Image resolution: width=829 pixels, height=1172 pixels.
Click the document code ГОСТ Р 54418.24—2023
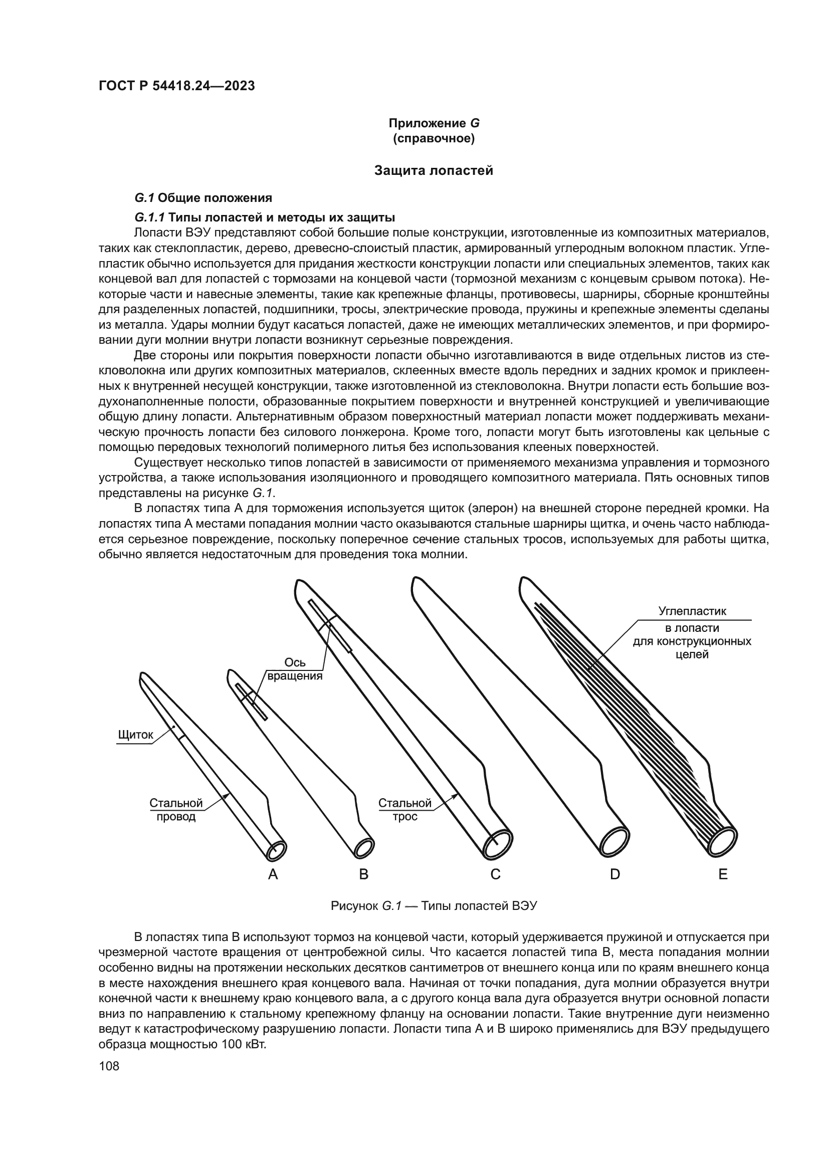coord(176,86)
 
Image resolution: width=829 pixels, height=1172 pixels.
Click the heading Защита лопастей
coord(434,170)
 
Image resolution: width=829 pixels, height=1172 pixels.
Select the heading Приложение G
coord(434,123)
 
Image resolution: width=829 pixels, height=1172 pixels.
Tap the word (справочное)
coord(434,138)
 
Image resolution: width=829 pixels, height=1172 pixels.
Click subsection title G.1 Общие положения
coord(202,197)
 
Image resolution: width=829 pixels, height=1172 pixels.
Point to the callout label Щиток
coord(135,735)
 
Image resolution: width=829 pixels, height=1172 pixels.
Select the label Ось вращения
coord(295,669)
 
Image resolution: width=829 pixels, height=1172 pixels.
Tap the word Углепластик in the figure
coord(692,611)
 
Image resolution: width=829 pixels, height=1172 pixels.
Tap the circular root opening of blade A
coord(277,850)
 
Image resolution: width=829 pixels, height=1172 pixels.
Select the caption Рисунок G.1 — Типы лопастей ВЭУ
coord(434,906)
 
